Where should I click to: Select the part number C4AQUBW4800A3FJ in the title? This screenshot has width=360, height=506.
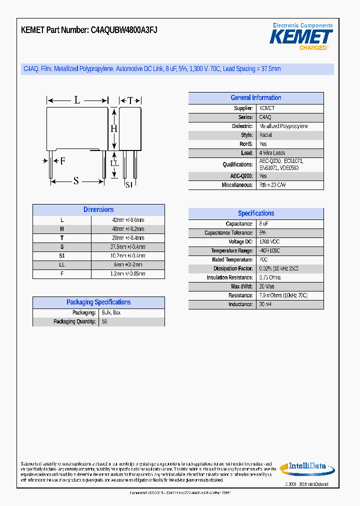point(124,30)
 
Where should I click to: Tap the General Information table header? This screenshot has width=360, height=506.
point(255,98)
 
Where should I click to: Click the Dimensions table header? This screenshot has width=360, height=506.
point(98,210)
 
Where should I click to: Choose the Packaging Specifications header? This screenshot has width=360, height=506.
point(98,302)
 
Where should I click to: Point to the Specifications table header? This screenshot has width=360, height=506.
point(255,213)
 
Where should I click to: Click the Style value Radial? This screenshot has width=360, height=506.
point(265,135)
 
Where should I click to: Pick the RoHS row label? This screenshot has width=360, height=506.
point(246,144)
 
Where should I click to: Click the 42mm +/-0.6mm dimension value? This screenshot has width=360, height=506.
point(128,220)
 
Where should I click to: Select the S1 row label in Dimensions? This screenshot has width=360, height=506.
point(62,256)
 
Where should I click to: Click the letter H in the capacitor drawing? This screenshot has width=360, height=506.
point(113,128)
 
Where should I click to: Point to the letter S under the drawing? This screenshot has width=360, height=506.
point(76,181)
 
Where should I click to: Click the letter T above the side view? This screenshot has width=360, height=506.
point(130,100)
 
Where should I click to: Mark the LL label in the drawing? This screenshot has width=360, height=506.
point(114,163)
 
